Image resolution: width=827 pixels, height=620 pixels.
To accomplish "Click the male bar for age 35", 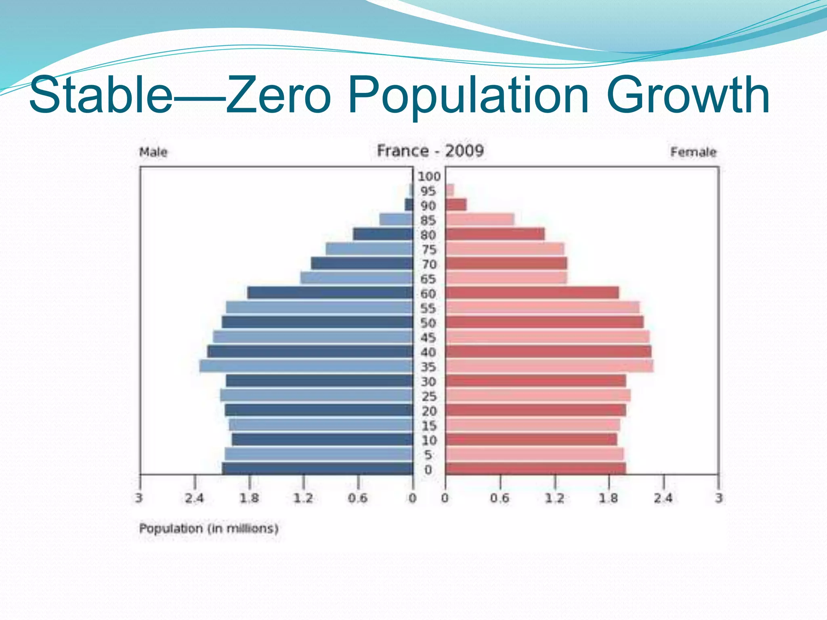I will [306, 366].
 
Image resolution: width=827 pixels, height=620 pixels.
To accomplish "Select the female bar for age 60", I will [532, 293].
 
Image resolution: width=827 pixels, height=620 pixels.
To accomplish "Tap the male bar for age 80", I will [383, 234].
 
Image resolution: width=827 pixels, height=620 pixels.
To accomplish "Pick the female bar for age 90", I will [456, 205].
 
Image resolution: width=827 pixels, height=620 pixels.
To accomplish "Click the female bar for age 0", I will [535, 469].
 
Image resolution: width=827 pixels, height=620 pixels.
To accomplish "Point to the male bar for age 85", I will [396, 220].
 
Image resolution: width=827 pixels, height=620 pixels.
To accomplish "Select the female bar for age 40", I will [548, 352].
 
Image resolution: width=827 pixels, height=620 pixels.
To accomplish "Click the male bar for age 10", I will [322, 440].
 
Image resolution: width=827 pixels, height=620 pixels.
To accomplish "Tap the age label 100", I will [428, 176].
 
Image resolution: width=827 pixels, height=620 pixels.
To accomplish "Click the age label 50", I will [428, 323].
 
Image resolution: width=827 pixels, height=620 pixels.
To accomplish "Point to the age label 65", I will [428, 279].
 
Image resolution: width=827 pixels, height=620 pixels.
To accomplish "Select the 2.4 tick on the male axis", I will [194, 498].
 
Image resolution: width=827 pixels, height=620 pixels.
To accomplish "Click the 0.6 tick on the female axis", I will [500, 498].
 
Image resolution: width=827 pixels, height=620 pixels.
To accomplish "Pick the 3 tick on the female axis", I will [718, 498].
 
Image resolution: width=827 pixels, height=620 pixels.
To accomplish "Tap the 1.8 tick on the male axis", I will [249, 498].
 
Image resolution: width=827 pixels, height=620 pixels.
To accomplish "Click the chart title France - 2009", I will [430, 151].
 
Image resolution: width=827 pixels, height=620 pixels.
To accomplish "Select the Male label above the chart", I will [153, 152].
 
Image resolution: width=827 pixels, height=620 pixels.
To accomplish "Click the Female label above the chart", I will [693, 152].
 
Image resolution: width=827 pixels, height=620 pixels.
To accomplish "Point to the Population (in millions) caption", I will [209, 528].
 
